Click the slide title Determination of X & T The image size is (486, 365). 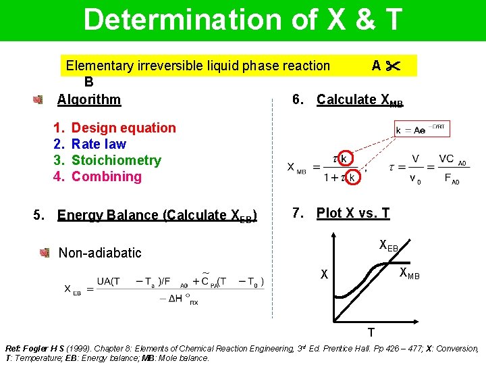243,20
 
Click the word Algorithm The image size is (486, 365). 89,99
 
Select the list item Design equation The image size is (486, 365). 124,128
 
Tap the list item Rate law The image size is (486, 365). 99,144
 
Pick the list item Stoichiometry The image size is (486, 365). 116,160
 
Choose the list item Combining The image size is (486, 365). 107,176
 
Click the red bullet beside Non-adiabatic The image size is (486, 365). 45,253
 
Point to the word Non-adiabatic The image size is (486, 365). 100,253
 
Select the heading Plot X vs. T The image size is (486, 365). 353,213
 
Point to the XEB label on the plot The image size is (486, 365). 389,245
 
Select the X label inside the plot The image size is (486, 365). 325,275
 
